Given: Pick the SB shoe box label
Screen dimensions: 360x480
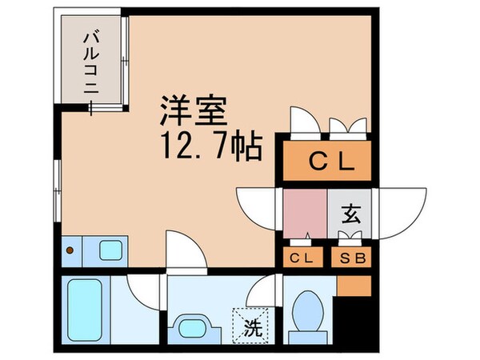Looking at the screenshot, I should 350,258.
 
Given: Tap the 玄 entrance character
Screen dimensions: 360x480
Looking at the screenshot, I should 350,214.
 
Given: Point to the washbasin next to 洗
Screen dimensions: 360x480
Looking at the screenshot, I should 192,328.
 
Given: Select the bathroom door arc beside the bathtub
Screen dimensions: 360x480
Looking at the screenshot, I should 140,291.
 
